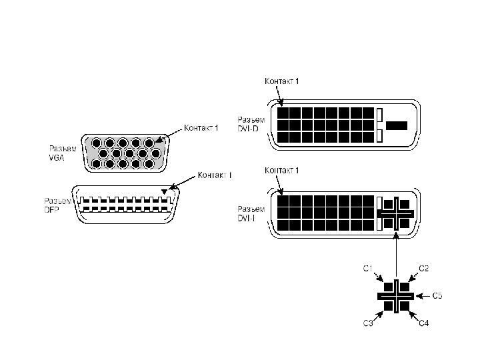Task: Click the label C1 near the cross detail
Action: coord(367,268)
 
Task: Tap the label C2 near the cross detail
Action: coord(423,268)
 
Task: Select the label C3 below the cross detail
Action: coord(367,323)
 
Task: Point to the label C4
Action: coord(423,323)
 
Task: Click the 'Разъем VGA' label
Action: coord(62,153)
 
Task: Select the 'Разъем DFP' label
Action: coord(57,205)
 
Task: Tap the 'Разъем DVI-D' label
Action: coord(251,123)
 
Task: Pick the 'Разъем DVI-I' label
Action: coord(251,213)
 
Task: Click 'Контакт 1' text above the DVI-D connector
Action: coord(282,81)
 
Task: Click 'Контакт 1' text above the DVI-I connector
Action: coord(282,171)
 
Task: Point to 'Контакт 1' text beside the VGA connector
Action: coord(201,128)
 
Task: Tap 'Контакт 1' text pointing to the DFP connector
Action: coord(215,175)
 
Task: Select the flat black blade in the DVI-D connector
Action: coord(397,125)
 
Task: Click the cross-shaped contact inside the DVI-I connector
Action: coord(396,213)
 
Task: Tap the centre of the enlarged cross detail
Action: coord(396,295)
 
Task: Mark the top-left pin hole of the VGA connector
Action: coord(97,143)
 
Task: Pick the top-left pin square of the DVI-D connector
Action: coord(283,112)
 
